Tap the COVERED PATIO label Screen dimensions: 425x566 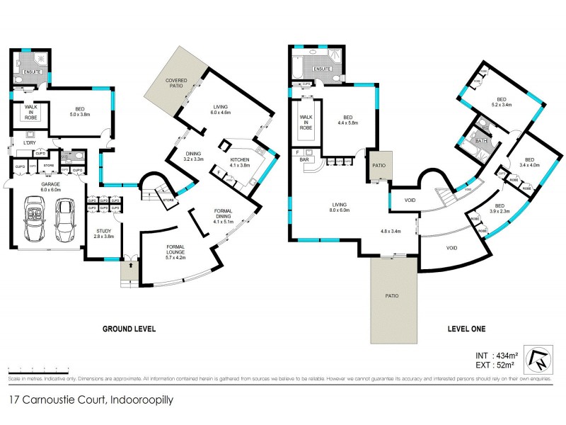pos(176,83)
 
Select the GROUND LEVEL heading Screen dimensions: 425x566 pos(129,329)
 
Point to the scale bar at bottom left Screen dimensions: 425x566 pos(39,370)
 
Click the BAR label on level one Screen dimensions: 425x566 pos(306,160)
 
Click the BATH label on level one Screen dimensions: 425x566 pos(482,141)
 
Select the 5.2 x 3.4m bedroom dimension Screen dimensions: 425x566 pos(502,105)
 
